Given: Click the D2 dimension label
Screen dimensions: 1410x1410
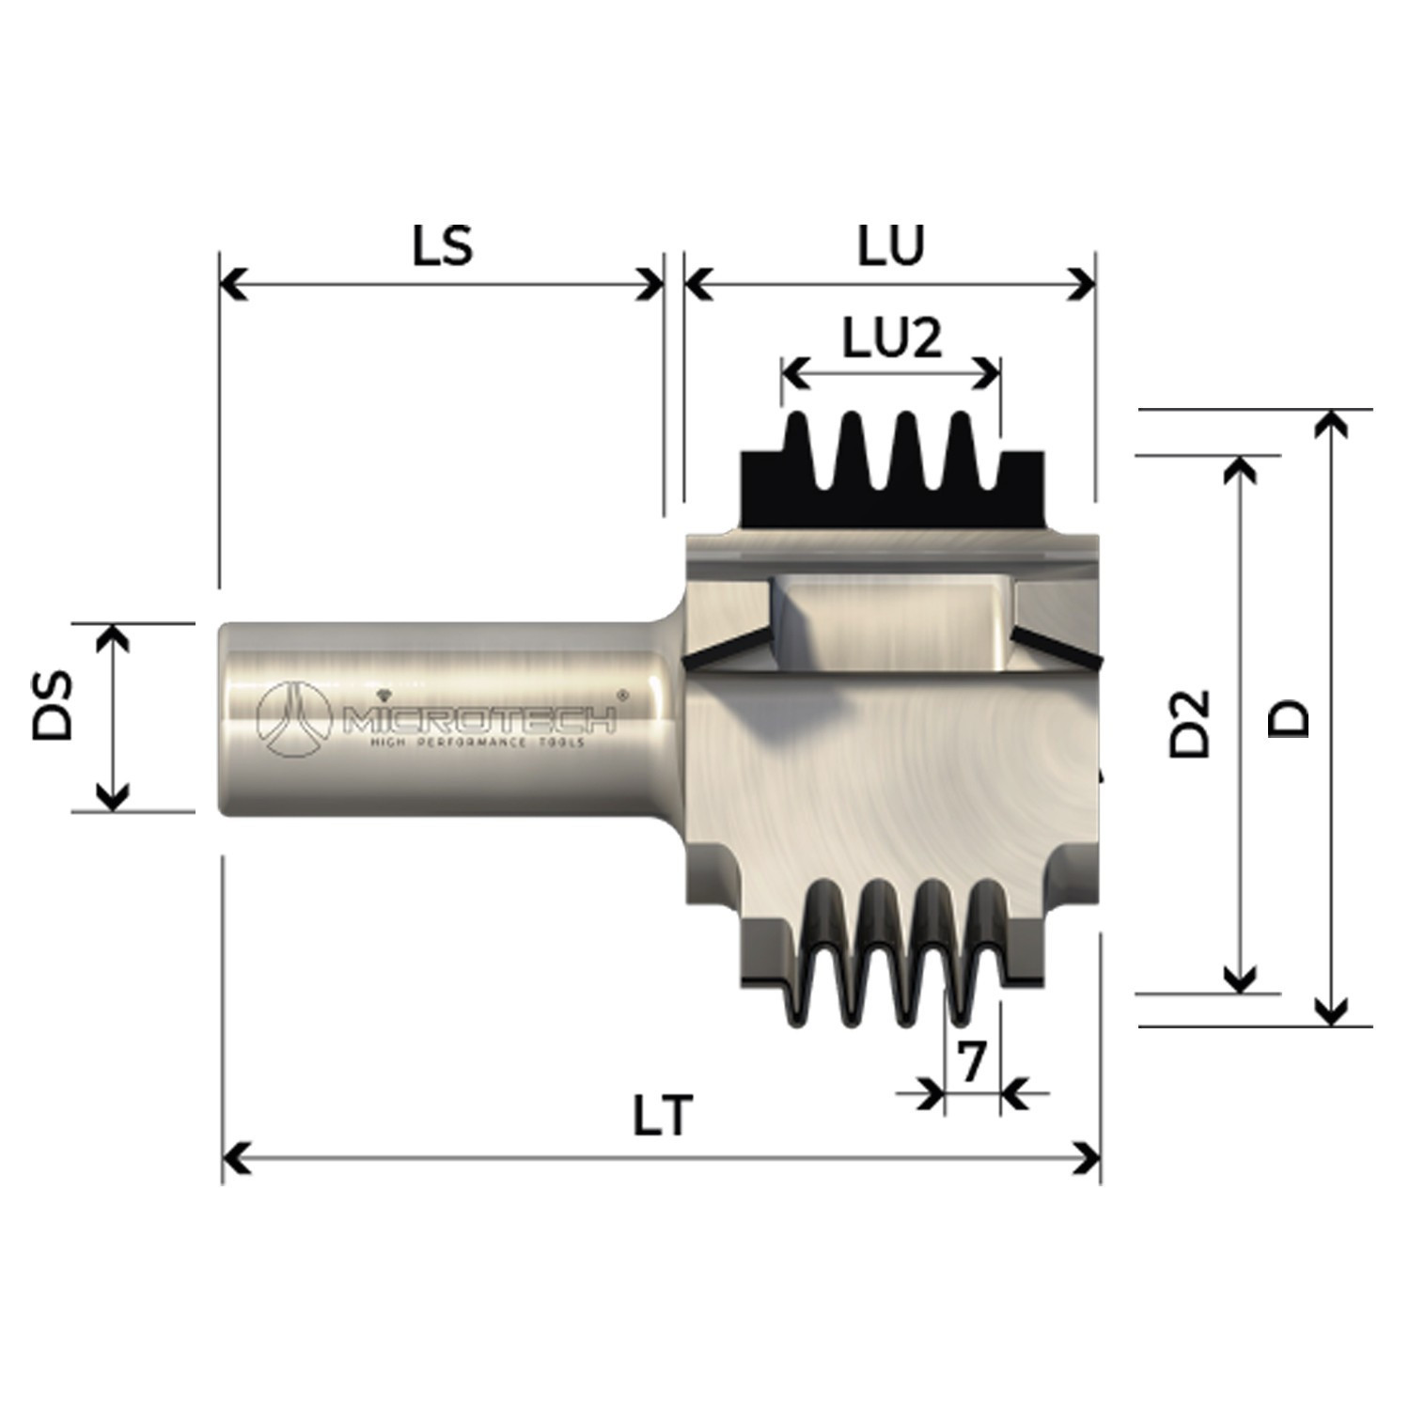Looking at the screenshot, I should point(1189,723).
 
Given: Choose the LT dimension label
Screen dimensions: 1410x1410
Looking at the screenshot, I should point(662,1118).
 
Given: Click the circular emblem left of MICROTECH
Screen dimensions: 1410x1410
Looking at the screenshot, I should point(294,719).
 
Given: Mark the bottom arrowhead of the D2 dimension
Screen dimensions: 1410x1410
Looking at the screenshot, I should point(1241,981).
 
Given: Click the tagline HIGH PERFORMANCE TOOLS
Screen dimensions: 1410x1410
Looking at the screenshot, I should point(478,743).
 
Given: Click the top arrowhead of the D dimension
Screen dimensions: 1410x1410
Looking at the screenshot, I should point(1327,422).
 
